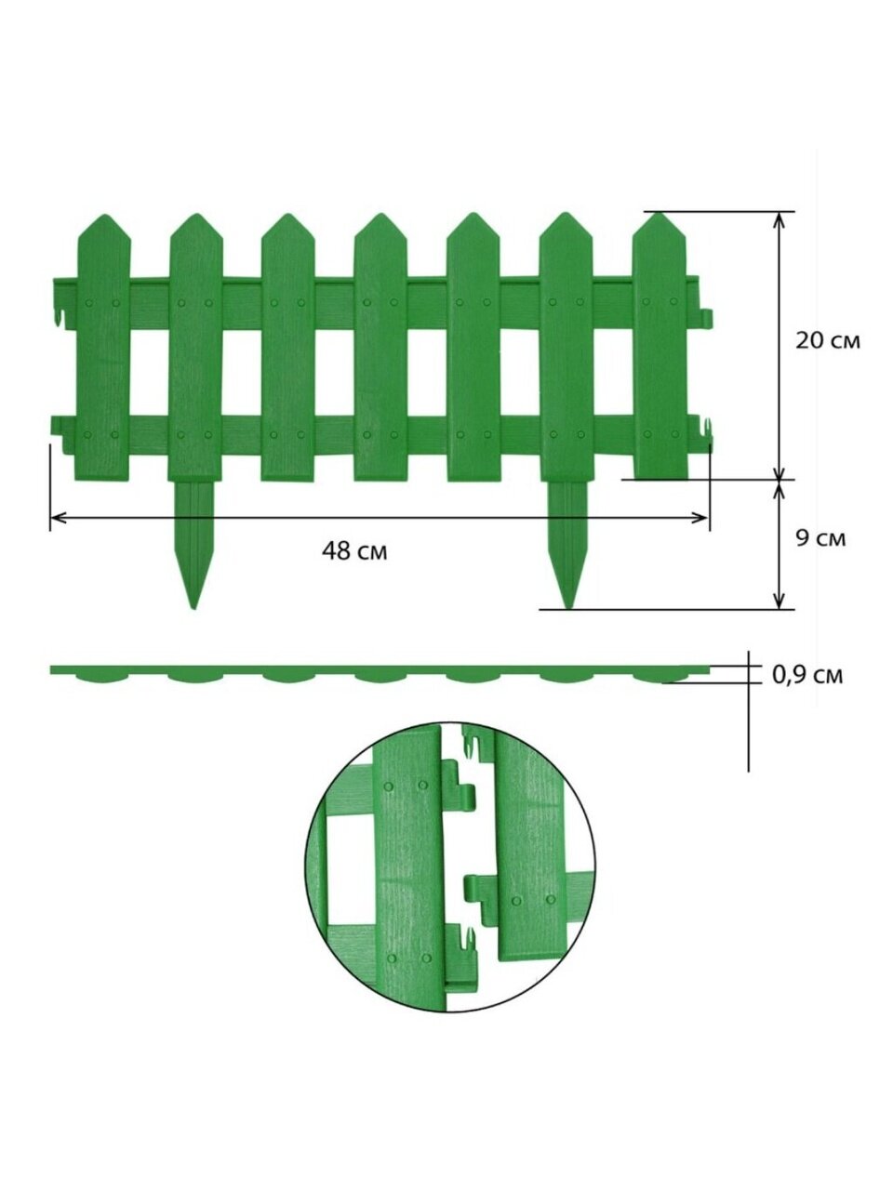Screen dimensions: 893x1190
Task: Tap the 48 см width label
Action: click(354, 551)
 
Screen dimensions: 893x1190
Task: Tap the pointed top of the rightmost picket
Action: click(659, 214)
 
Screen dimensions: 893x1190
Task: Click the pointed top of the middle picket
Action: click(380, 216)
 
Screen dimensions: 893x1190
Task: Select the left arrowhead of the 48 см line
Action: click(57, 518)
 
